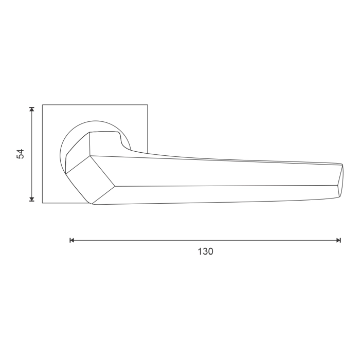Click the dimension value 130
[205, 251]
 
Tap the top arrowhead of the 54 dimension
[32, 109]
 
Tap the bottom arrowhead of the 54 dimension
[32, 199]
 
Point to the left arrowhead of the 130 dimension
[72, 240]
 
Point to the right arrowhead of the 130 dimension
[338, 240]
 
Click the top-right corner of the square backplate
[148, 105]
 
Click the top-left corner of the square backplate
[42, 105]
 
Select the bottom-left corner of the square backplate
[42, 203]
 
